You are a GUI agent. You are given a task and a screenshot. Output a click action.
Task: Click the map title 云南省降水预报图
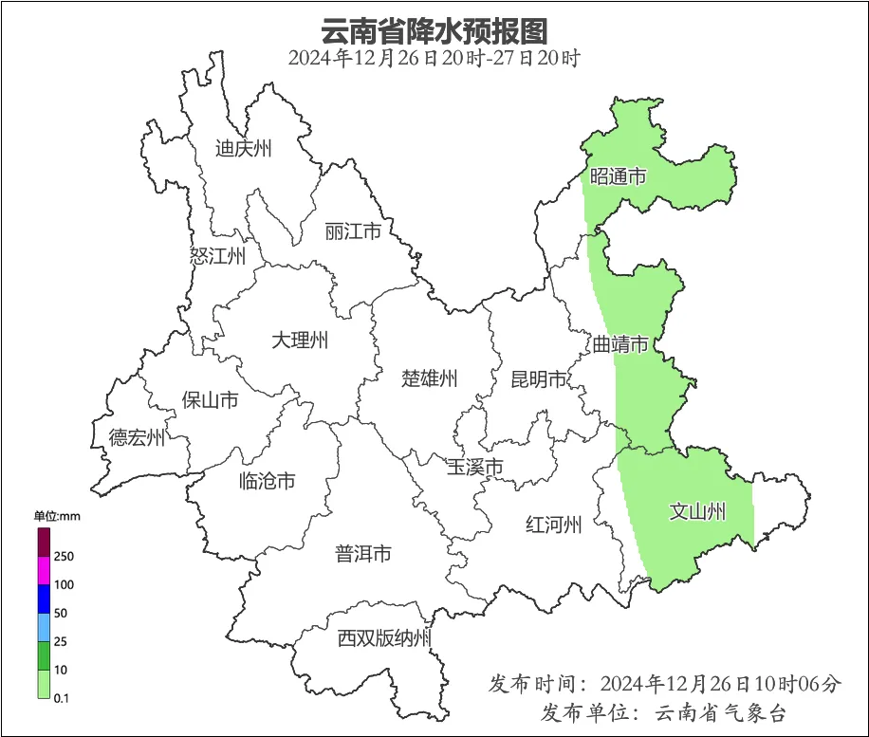coord(434,30)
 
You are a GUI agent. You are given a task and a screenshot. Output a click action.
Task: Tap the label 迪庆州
coord(244,148)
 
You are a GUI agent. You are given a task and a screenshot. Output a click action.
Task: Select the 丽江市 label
coord(353,231)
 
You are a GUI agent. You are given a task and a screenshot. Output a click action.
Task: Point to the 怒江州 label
coord(218,256)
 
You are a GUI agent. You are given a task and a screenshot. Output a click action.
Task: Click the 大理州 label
coord(300,340)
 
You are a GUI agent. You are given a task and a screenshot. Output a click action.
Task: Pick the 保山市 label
coord(210,400)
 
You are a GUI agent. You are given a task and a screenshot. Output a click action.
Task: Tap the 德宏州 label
coord(137,437)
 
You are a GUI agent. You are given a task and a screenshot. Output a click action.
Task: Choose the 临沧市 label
coord(267,481)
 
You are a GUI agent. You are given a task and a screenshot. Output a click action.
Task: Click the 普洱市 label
coord(363,554)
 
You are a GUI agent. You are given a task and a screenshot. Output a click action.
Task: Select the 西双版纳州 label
coord(384,638)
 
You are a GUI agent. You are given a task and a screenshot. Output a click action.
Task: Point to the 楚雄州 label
coord(430,379)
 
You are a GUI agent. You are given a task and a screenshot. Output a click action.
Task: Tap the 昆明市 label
coord(539,379)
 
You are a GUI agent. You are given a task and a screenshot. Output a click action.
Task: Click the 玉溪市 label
coord(475,467)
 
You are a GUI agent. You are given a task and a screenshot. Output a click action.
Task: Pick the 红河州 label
coord(554,524)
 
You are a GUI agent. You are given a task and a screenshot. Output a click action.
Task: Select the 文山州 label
coord(697,512)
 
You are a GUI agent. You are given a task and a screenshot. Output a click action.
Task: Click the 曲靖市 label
coord(621,343)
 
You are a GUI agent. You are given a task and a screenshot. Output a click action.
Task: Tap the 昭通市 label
coord(619,176)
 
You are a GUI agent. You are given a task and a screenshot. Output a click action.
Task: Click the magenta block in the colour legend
coord(44,570)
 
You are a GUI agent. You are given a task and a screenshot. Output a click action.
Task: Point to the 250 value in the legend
coord(65,556)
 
